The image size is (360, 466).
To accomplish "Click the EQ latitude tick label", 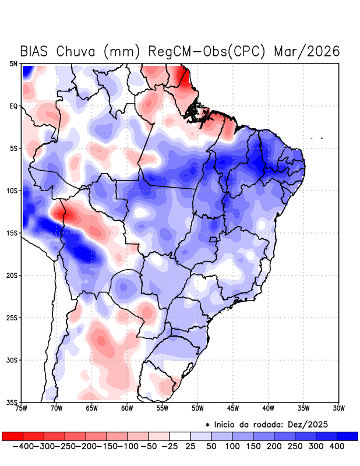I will click(x=13, y=106).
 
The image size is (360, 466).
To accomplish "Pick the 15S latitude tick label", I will click(x=12, y=233).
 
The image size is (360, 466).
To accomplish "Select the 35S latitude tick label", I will click(x=12, y=403).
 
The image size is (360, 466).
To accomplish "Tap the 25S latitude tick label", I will click(x=12, y=318).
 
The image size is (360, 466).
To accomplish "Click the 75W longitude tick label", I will click(x=22, y=408).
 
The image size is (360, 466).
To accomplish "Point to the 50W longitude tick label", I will click(x=197, y=408).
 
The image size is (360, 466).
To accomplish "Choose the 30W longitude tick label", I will click(x=338, y=408).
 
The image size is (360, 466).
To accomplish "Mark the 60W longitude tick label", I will click(x=127, y=408).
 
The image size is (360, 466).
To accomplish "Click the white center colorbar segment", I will click(x=180, y=436).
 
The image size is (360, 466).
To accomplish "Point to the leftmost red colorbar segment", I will click(x=12, y=436).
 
